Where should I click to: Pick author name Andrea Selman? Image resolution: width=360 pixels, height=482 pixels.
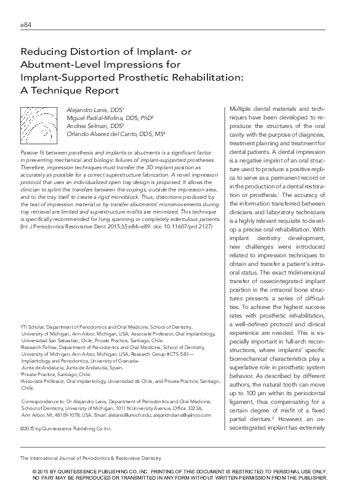pos(83,125)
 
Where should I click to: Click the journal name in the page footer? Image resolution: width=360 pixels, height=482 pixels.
pos(90,458)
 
